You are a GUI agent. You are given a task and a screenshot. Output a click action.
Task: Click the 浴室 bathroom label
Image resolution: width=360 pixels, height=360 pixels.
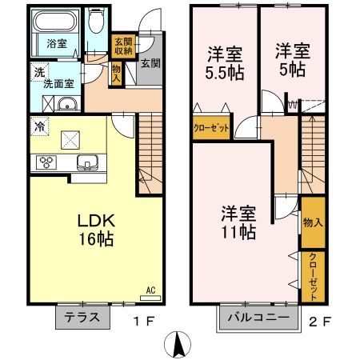[55, 43]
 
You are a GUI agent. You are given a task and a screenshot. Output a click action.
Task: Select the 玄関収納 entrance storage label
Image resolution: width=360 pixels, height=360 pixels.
[122, 46]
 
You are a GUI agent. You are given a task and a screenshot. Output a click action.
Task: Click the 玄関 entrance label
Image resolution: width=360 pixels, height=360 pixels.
[150, 64]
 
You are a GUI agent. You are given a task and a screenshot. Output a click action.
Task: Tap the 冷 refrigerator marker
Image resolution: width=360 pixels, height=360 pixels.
[38, 126]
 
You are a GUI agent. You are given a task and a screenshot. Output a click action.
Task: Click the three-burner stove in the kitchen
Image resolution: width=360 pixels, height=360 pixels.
[46, 163]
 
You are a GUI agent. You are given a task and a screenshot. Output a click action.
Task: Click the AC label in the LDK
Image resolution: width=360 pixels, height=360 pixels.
[150, 290]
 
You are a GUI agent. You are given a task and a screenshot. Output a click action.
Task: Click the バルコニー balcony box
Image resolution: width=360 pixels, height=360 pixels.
[258, 318]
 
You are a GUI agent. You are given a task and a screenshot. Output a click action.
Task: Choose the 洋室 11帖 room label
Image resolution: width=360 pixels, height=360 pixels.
[238, 222]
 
